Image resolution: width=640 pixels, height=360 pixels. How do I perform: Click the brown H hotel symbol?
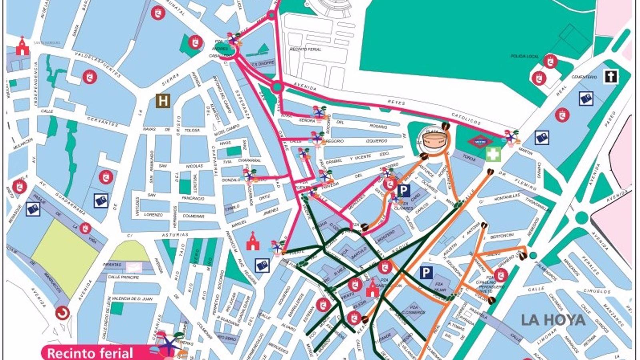(163, 101)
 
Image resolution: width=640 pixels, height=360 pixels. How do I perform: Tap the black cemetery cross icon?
(610, 76)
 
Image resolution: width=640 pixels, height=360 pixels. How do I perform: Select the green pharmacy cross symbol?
(493, 154)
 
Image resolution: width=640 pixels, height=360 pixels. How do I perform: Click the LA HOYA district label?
(559, 320)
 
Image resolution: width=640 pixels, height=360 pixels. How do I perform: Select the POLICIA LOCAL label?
(524, 56)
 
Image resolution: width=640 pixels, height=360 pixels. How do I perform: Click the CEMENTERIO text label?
(584, 77)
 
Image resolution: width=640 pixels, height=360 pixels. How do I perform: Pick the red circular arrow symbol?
(62, 313)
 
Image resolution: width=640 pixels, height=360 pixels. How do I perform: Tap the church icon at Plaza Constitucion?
(372, 288)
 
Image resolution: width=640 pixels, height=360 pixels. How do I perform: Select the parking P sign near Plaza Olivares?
(404, 191)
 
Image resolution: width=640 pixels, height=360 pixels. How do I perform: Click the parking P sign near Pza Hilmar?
(426, 273)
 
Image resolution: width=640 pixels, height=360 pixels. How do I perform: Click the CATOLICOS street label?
(466, 118)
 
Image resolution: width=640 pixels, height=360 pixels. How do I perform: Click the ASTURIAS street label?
(175, 235)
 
